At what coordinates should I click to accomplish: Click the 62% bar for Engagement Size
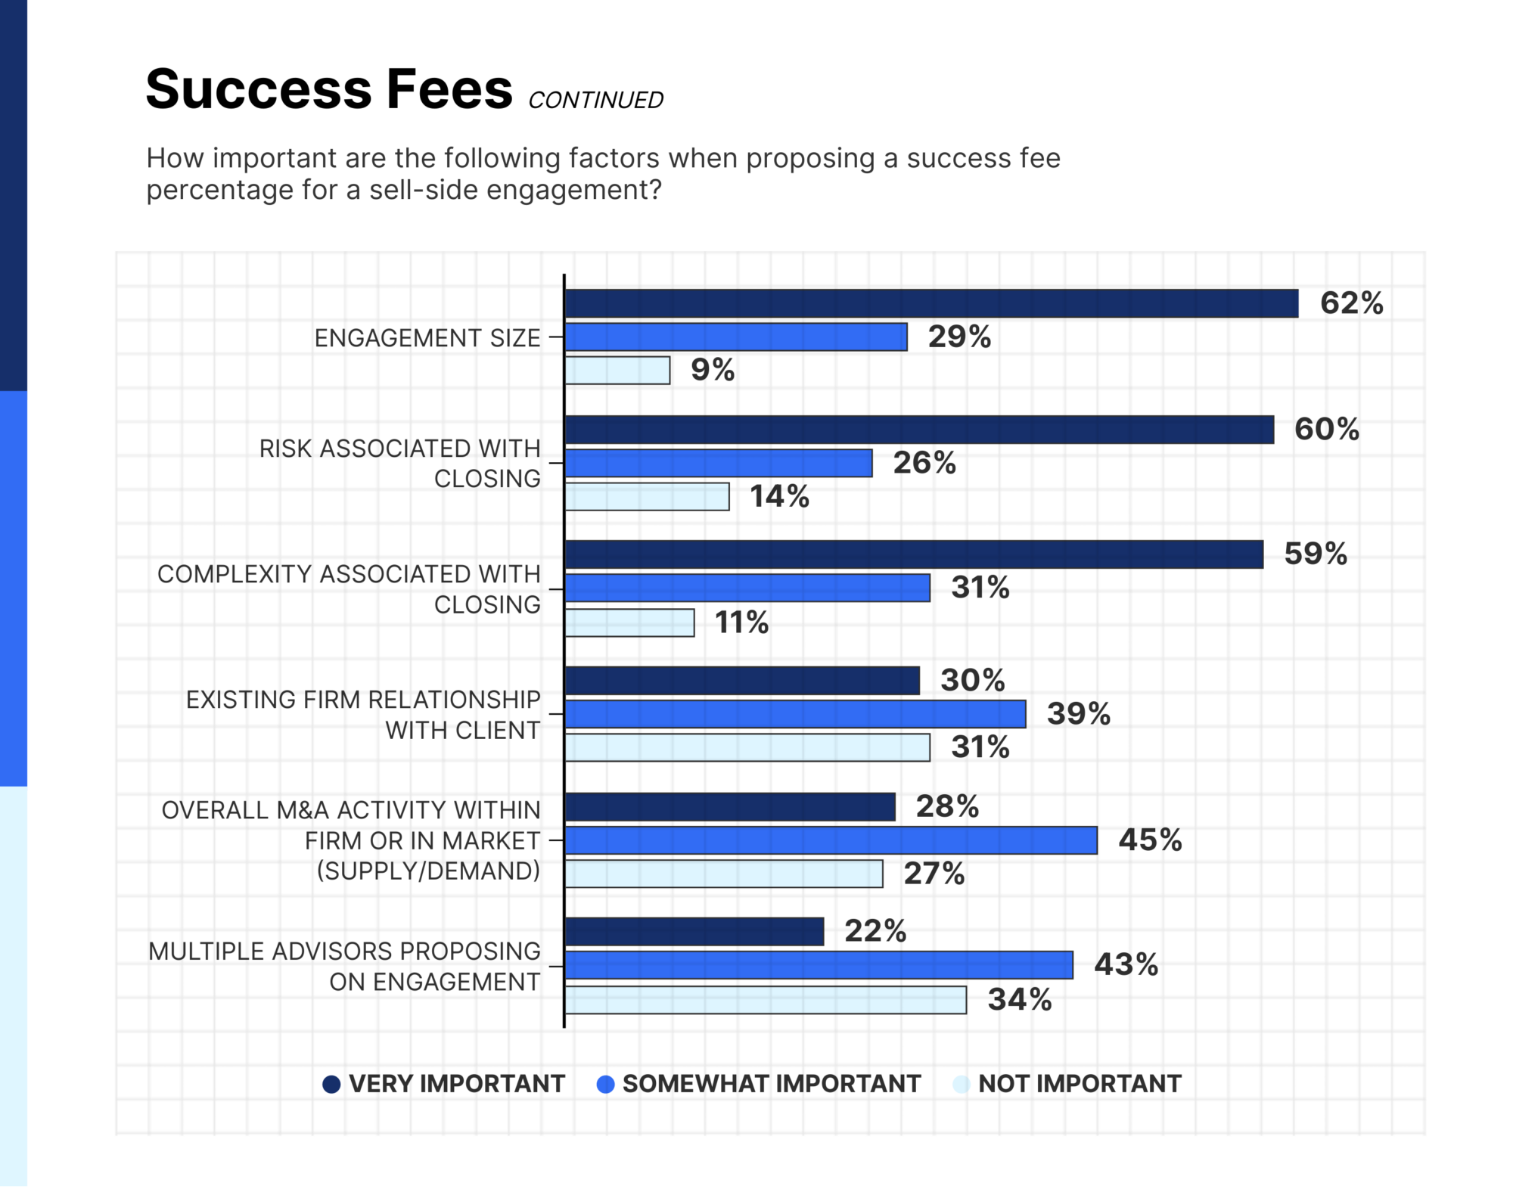click(x=930, y=303)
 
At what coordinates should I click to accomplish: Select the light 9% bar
click(x=617, y=371)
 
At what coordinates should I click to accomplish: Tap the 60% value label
click(x=1326, y=430)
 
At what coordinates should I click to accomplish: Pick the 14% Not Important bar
click(x=647, y=497)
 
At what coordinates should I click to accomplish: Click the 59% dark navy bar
click(x=914, y=554)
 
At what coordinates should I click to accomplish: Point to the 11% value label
click(x=741, y=623)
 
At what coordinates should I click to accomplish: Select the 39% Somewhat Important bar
click(x=795, y=714)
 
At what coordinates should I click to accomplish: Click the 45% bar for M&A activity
click(x=831, y=840)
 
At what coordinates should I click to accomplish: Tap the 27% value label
click(x=934, y=874)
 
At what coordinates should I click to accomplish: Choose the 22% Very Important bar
click(x=694, y=932)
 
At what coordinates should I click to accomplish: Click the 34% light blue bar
click(x=766, y=1000)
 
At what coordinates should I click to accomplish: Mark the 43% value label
click(x=1126, y=965)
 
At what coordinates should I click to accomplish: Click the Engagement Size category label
click(x=427, y=338)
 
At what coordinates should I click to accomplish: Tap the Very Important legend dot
click(x=331, y=1085)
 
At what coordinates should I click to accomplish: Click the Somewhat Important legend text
click(x=771, y=1084)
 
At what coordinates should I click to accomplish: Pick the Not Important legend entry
click(x=1079, y=1084)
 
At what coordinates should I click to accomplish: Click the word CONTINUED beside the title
click(x=595, y=101)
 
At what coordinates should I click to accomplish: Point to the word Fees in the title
click(x=449, y=89)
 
